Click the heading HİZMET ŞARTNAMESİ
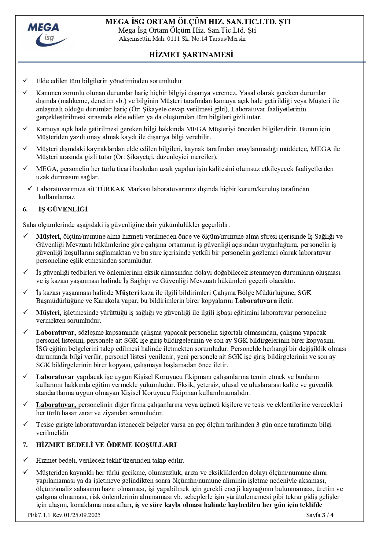pyautogui.click(x=191, y=55)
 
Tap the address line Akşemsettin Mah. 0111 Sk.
pyautogui.click(x=182, y=39)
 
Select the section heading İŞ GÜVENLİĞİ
pyautogui.click(x=63, y=209)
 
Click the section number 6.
pyautogui.click(x=25, y=209)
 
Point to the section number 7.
pyautogui.click(x=25, y=445)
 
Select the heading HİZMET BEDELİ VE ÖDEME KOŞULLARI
pyautogui.click(x=106, y=445)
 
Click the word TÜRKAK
pyautogui.click(x=111, y=189)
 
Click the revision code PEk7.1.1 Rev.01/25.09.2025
pyautogui.click(x=64, y=515)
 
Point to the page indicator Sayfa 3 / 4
pyautogui.click(x=320, y=515)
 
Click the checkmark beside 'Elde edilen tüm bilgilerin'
pyautogui.click(x=26, y=80)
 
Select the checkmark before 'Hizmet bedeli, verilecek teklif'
pyautogui.click(x=26, y=460)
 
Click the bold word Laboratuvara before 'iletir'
pyautogui.click(x=256, y=301)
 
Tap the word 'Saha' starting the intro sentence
pyautogui.click(x=29, y=225)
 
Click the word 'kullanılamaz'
pyautogui.click(x=57, y=197)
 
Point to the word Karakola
pyautogui.click(x=106, y=301)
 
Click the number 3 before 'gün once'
pyautogui.click(x=258, y=425)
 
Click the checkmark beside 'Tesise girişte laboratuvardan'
pyautogui.click(x=26, y=424)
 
